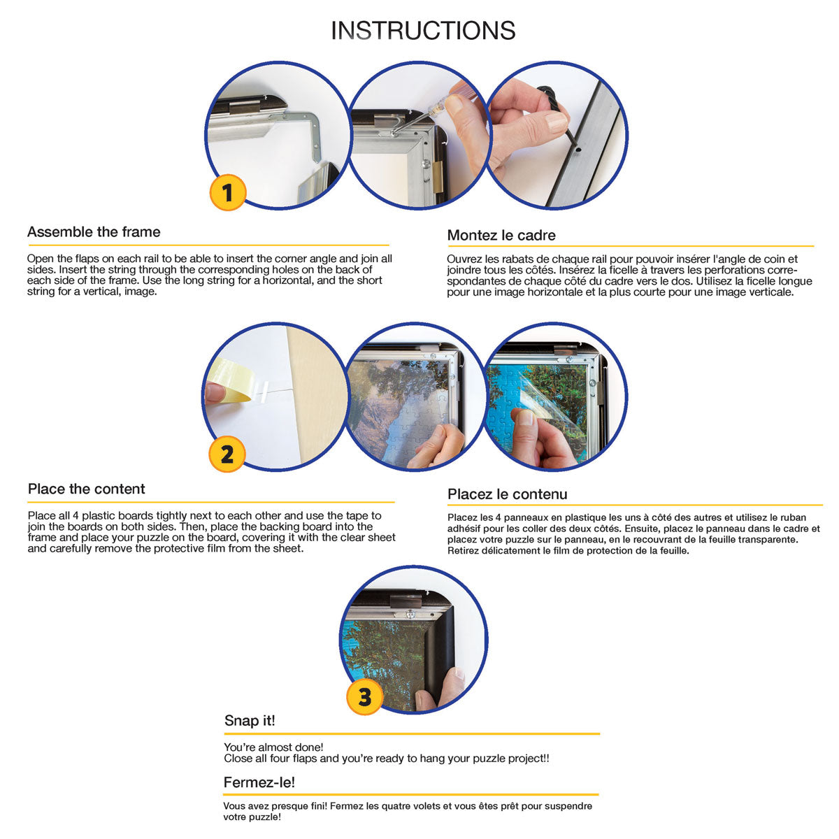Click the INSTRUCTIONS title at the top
(423, 31)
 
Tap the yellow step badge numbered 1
(228, 192)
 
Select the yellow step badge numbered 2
(227, 454)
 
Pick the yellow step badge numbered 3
(364, 696)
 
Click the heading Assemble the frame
(94, 231)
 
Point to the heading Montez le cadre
(501, 235)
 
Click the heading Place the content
(86, 489)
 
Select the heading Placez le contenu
(507, 494)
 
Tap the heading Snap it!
(250, 720)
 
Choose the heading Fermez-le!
(259, 782)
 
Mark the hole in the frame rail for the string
(578, 150)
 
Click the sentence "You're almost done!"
(273, 747)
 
